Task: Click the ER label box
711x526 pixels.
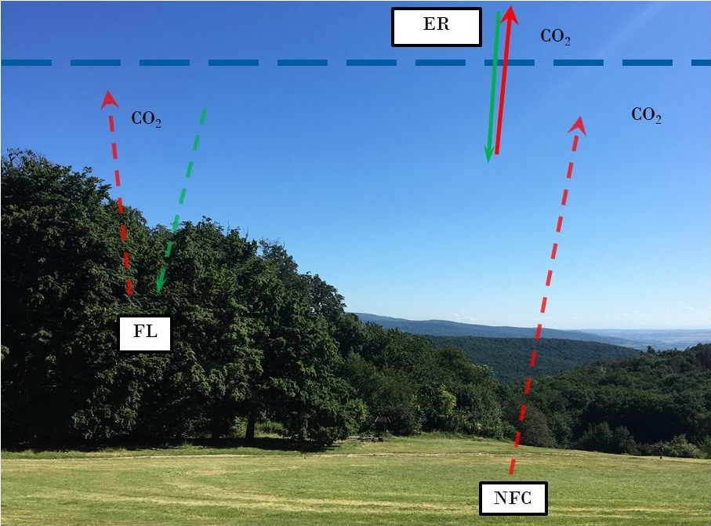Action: (x=436, y=25)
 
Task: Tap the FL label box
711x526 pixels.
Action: (x=145, y=332)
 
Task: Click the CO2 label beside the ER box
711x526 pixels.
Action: (x=555, y=37)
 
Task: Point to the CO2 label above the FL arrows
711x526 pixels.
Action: (x=146, y=119)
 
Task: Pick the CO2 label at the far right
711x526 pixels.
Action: (x=646, y=115)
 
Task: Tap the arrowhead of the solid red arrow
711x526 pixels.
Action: (x=510, y=13)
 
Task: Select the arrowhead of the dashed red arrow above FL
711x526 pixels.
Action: (x=108, y=98)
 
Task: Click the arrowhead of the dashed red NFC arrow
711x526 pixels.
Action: (x=579, y=124)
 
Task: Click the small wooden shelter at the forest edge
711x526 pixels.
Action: (x=382, y=423)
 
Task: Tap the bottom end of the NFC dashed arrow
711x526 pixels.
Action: (x=511, y=472)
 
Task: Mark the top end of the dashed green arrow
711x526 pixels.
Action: (x=205, y=110)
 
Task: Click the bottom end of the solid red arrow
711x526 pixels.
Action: (x=496, y=154)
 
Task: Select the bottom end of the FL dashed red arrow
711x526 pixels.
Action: (x=129, y=295)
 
